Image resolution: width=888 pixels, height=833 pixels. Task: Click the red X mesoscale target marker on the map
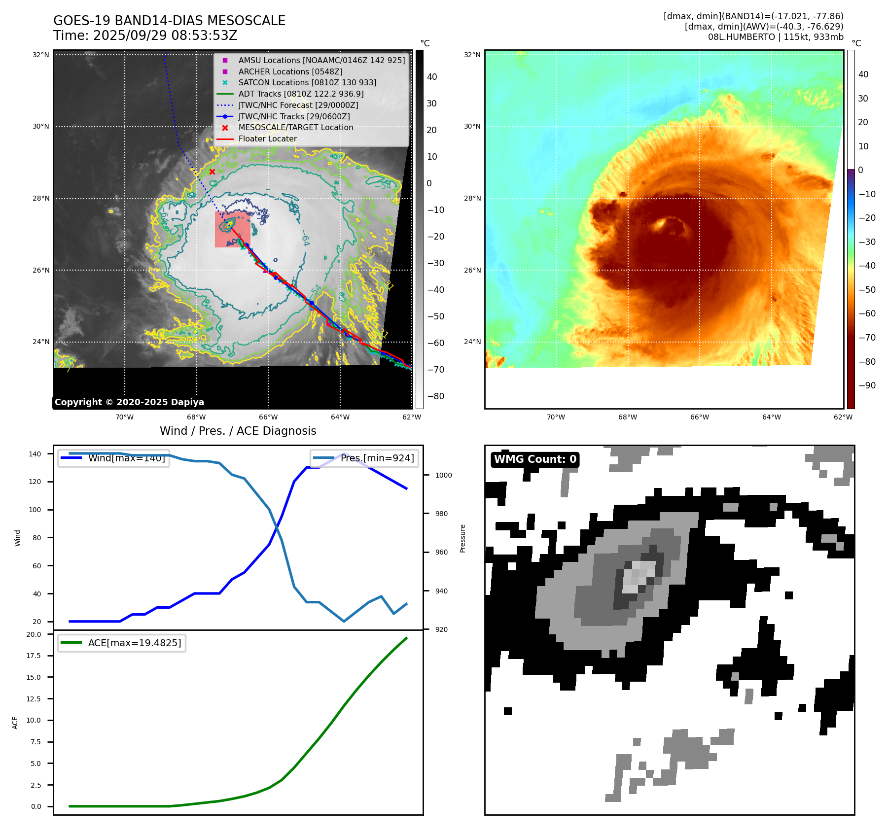212,172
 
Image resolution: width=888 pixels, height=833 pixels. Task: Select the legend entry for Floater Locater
267,139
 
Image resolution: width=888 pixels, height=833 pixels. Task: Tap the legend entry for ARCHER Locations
290,71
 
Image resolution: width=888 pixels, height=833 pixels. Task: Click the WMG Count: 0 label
535,459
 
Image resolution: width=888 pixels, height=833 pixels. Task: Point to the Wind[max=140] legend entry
126,458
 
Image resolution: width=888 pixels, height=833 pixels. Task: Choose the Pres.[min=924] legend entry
377,458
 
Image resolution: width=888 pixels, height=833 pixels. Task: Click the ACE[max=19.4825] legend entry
134,643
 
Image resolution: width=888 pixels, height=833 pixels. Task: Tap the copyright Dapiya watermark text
129,402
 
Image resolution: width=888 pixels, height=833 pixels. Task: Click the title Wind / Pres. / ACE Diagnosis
238,431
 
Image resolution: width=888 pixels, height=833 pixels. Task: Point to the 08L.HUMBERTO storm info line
775,37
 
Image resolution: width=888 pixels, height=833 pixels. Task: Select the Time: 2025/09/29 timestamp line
145,35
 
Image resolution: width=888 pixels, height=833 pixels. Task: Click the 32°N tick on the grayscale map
41,55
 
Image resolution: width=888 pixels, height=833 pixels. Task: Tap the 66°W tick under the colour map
699,417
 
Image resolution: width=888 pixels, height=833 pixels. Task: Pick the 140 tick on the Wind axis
35,454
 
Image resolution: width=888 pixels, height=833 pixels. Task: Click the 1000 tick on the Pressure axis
443,475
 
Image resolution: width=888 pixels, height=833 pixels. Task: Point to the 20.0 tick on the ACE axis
34,634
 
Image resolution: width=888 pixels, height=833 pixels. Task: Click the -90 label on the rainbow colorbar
867,385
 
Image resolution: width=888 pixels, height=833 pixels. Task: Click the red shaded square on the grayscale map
232,230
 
